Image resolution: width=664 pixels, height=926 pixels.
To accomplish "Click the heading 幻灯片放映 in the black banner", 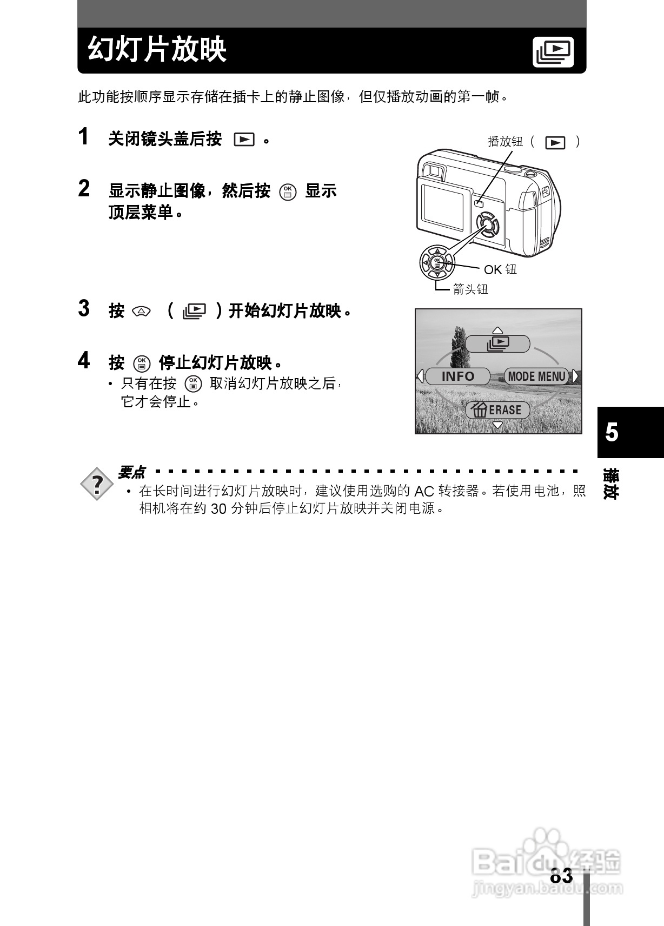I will tap(157, 50).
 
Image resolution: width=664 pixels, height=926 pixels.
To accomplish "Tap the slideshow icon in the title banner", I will tap(553, 52).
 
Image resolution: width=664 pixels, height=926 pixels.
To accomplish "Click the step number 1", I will tap(83, 137).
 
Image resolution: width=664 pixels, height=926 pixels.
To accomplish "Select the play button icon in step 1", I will tap(244, 140).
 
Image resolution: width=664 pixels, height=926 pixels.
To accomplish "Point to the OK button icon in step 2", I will tap(288, 191).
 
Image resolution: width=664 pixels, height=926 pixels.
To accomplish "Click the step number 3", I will tap(83, 308).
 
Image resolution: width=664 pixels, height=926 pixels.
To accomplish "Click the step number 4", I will tap(83, 360).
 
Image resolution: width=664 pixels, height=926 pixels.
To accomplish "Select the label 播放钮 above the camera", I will tap(505, 142).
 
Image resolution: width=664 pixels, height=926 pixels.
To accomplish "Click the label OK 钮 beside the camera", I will tap(500, 269).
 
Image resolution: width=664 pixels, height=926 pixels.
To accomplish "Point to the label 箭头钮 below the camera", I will tap(470, 289).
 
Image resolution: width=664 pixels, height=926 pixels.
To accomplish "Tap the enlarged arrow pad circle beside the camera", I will tap(437, 263).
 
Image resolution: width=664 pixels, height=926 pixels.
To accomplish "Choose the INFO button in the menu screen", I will tap(457, 376).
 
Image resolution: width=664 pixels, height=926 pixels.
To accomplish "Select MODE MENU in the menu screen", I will tap(536, 376).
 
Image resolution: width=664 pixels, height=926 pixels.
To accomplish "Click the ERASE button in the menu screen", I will tap(497, 410).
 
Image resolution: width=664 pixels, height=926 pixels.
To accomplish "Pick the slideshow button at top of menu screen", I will tap(497, 343).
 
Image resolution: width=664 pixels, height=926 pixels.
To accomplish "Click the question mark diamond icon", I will tap(97, 484).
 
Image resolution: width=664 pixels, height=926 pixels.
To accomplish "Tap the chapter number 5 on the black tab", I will tap(612, 433).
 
